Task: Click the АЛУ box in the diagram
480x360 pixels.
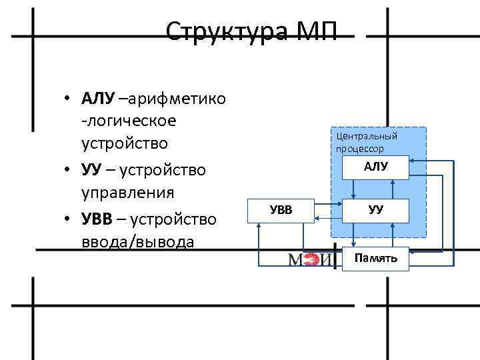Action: click(376, 167)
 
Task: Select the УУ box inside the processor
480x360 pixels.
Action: click(376, 209)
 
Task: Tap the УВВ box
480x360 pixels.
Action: click(280, 210)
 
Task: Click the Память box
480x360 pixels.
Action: click(375, 258)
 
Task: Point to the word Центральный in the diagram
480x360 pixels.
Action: click(367, 137)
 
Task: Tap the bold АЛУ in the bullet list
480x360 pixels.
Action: click(99, 99)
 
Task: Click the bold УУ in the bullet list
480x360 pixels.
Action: click(91, 170)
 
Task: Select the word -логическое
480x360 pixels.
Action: click(129, 122)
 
